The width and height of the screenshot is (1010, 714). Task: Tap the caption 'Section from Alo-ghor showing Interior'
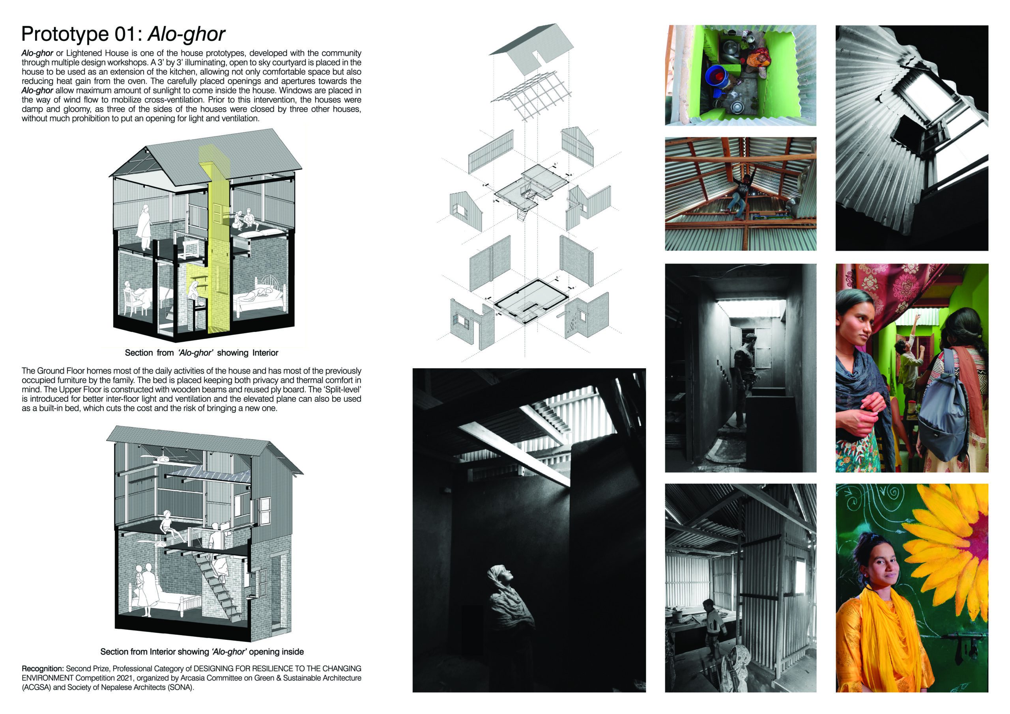pyautogui.click(x=202, y=352)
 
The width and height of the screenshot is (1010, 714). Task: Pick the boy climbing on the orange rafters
pyautogui.click(x=742, y=194)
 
